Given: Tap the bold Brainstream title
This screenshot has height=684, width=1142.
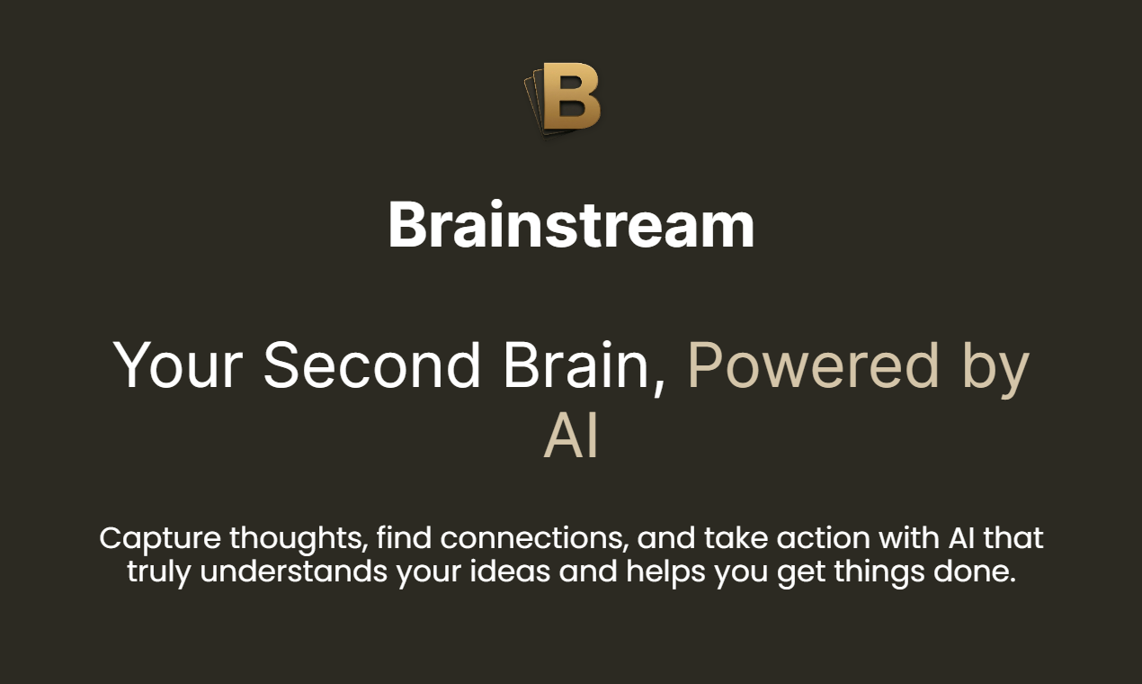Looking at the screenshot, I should pos(571,225).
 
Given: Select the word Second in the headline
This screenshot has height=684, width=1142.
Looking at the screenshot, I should pos(371,365).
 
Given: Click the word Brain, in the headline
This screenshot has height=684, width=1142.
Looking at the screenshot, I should pos(584,365).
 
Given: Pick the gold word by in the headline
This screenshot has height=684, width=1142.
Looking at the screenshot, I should pos(995,367).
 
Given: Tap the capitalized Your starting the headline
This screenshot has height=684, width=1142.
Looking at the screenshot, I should pos(178,365).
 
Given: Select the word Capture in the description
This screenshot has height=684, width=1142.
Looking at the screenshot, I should pos(159,538).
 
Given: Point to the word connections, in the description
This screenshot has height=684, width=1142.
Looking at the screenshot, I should pos(534,538).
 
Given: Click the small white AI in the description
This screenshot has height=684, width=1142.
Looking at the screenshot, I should pos(956,538).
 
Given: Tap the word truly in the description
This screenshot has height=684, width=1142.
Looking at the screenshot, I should pos(159,571).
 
